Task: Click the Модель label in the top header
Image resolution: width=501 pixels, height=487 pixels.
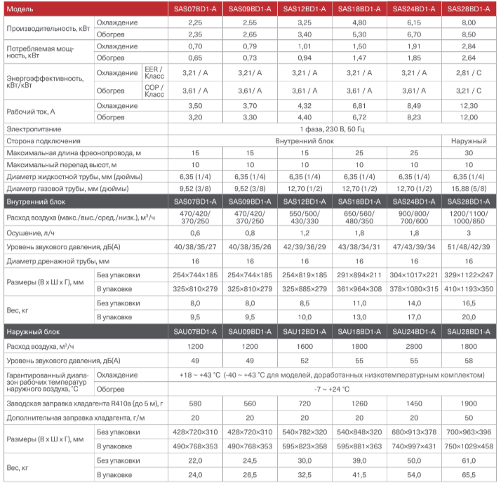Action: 20,8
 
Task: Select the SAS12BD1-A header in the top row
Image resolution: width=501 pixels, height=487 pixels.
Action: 304,8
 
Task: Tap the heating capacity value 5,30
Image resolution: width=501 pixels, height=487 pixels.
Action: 359,34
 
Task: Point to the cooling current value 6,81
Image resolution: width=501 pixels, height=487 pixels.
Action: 359,105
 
